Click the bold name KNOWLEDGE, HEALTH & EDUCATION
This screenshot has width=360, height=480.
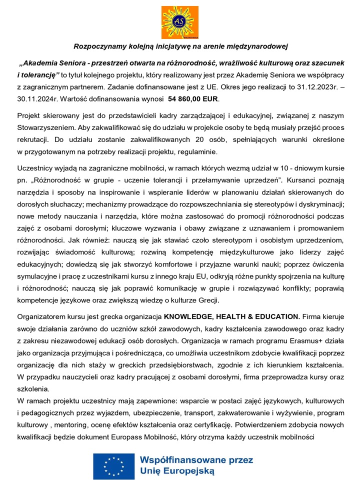[231, 316]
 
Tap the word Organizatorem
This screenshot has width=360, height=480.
[42, 316]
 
